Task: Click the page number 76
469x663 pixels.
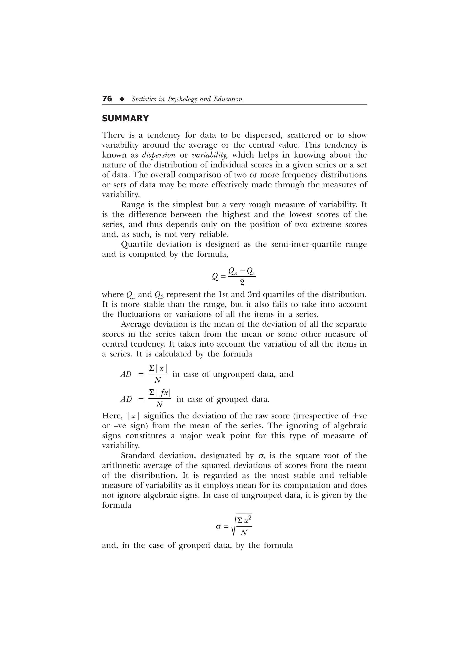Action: pyautogui.click(x=107, y=99)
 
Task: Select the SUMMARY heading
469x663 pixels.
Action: pyautogui.click(x=125, y=119)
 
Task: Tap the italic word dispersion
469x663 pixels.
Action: pyautogui.click(x=159, y=155)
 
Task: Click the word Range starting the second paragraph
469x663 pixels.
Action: pyautogui.click(x=133, y=205)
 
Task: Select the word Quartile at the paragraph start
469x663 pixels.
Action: pyautogui.click(x=136, y=244)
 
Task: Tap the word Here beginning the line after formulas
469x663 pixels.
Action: pyautogui.click(x=111, y=416)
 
